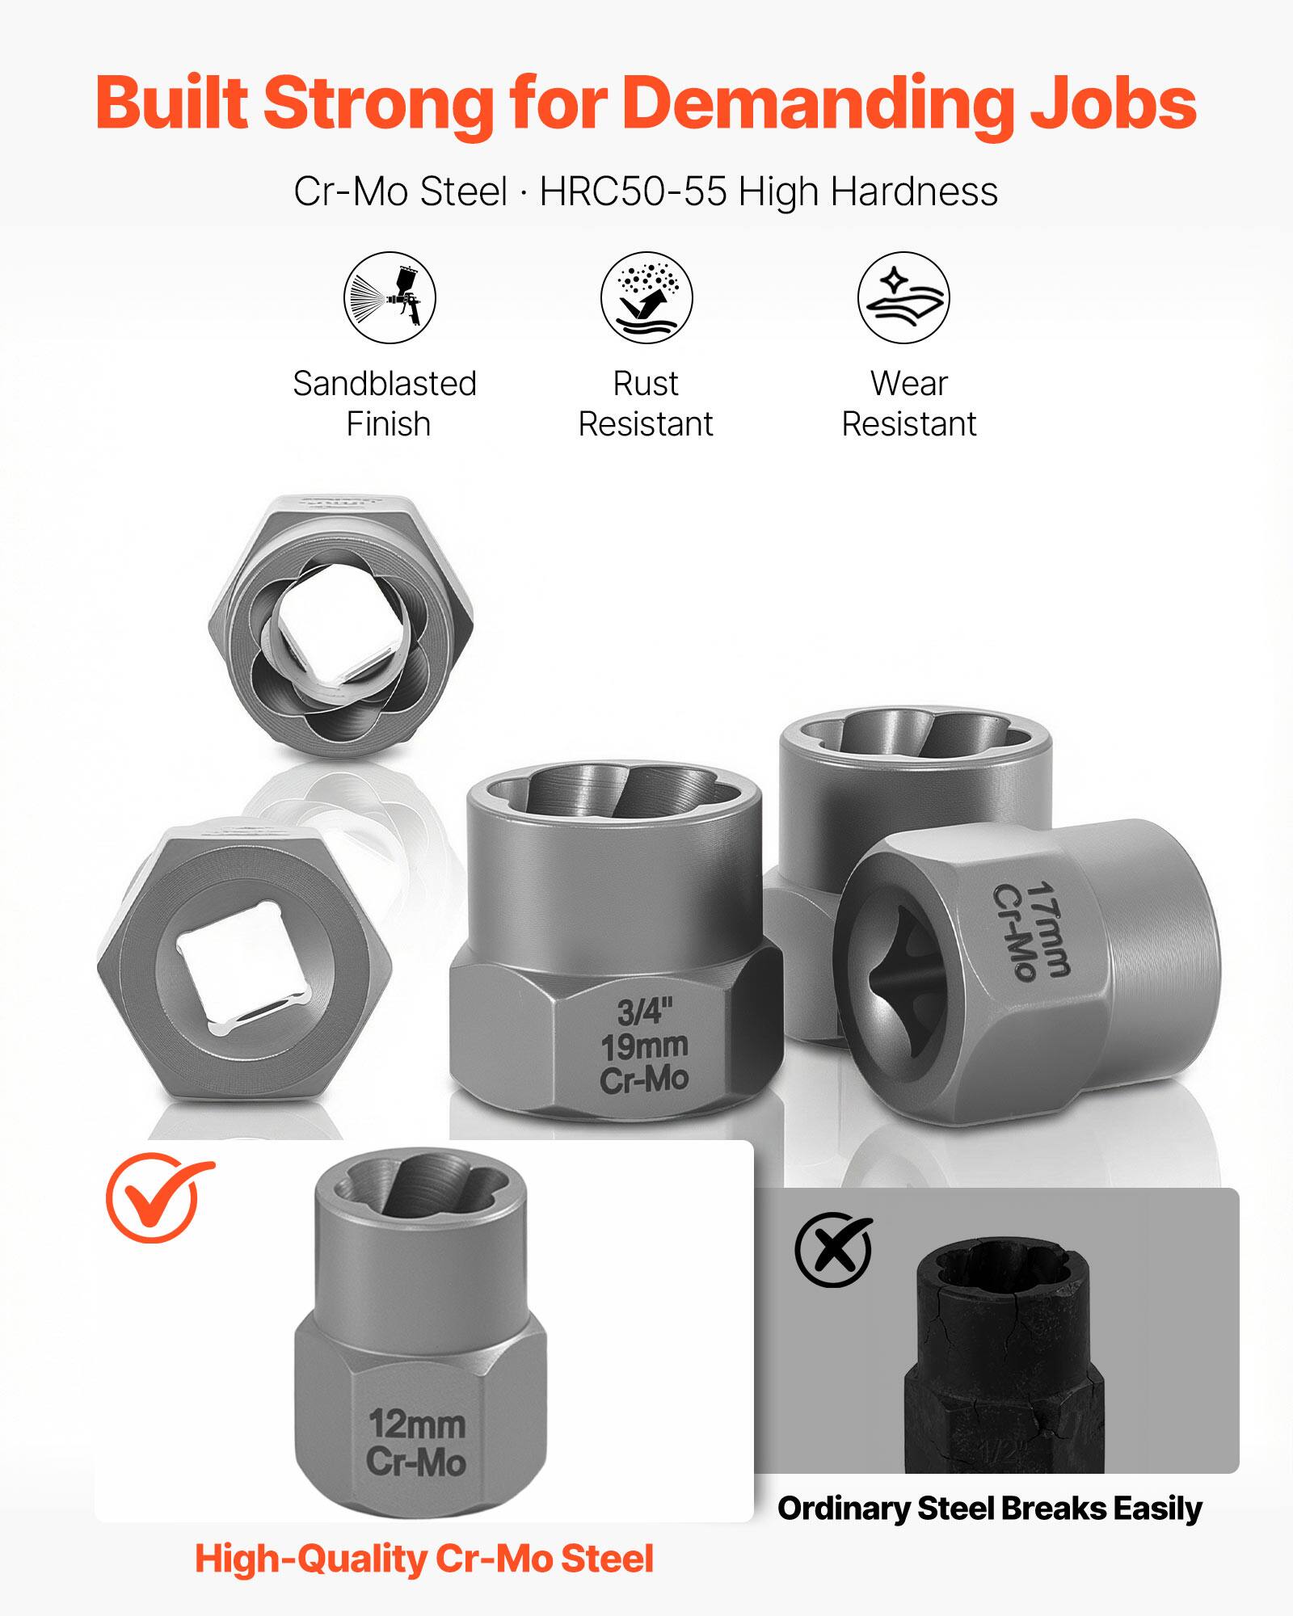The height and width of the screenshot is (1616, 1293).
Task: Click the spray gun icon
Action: [x=390, y=297]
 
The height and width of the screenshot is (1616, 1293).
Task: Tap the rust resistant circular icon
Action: [x=646, y=297]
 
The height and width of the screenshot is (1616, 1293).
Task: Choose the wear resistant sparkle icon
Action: [x=903, y=297]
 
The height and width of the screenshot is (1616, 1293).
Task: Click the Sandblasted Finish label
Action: [x=385, y=403]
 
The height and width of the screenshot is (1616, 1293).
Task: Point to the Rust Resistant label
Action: [x=646, y=403]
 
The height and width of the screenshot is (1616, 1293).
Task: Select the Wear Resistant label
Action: [x=909, y=403]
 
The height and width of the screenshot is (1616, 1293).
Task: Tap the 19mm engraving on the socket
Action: [x=644, y=1046]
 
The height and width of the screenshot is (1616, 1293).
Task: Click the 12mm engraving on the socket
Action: [x=417, y=1424]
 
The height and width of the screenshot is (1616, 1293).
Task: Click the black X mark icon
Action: [x=833, y=1251]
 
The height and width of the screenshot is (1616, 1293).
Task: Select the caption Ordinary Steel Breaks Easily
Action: [x=989, y=1509]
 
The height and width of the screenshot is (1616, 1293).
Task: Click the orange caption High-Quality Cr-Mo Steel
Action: [x=423, y=1559]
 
